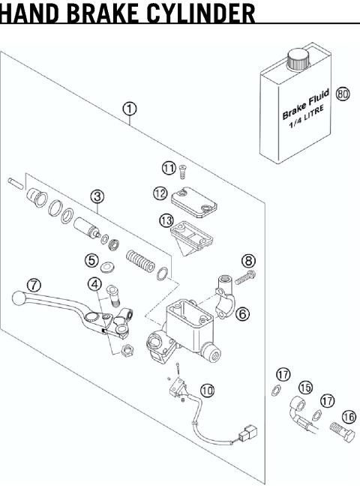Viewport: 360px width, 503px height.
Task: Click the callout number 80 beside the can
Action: (x=343, y=94)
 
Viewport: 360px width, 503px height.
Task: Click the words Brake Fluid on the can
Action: (x=306, y=104)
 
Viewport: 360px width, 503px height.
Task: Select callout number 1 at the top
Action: (x=130, y=109)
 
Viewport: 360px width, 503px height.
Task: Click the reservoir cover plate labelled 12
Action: (x=193, y=202)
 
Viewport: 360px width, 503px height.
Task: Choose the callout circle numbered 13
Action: (x=166, y=220)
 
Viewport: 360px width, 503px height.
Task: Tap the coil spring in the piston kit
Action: (x=140, y=261)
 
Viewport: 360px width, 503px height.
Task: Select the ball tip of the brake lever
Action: (x=19, y=298)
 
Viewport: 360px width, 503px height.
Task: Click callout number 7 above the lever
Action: (x=34, y=285)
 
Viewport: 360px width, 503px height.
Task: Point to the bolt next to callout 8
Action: (x=245, y=278)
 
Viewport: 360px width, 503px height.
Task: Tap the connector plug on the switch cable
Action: (x=247, y=434)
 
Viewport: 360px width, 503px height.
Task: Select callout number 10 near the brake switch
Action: (x=207, y=391)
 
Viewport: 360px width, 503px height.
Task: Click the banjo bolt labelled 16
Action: (x=343, y=432)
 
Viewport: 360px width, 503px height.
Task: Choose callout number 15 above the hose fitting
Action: (x=305, y=388)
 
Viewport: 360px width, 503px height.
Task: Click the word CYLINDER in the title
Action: (x=201, y=13)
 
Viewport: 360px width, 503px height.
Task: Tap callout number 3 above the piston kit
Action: (x=97, y=196)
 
